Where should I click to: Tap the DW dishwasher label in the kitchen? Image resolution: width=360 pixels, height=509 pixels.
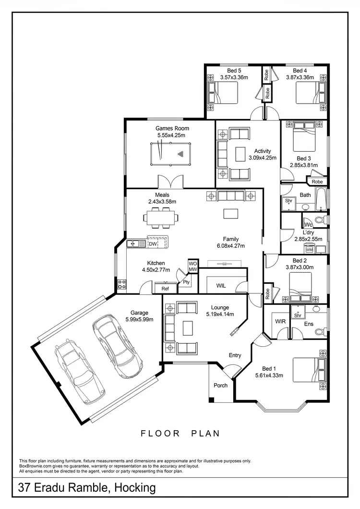pos(153,244)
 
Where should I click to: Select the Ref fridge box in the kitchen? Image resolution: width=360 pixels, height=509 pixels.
pos(165,289)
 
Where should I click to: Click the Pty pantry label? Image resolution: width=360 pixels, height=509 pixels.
pos(186,282)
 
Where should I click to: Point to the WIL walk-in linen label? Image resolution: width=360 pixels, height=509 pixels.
pos(221,285)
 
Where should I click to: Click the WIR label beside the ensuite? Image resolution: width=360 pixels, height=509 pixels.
pos(280,321)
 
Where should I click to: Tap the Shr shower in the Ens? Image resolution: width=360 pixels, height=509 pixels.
pos(298,315)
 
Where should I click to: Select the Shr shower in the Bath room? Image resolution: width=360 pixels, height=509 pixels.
pos(289,201)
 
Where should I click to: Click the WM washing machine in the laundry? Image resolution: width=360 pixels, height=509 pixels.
pos(309,250)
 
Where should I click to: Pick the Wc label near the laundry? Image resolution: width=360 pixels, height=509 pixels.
pos(308,224)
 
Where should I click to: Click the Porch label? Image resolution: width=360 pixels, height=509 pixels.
pos(220,385)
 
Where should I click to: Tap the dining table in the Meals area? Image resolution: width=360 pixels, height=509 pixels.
pos(162,218)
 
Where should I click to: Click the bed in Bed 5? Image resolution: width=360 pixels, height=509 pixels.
pos(222,93)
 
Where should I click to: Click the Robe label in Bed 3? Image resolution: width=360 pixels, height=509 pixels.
pos(317,182)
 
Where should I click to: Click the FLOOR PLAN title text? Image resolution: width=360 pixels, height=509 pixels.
pos(180,433)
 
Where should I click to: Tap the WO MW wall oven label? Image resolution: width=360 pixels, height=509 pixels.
pos(192,266)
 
